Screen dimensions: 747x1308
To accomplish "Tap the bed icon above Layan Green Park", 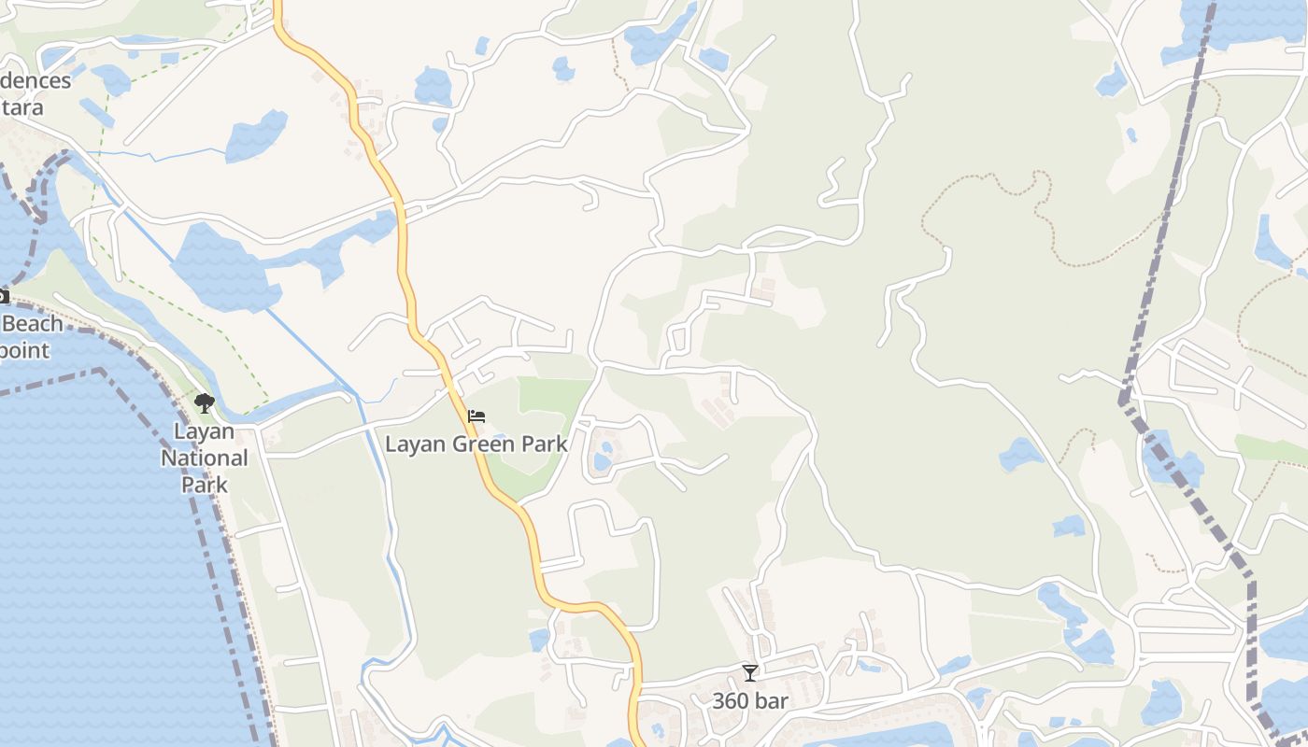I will tap(476, 416).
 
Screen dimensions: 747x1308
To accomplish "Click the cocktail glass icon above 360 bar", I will tap(749, 672).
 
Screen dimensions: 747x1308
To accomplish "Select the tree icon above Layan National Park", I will tap(204, 403).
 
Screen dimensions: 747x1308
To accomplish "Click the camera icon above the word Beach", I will tap(3, 297).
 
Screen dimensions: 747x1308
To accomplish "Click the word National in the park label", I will tap(204, 458).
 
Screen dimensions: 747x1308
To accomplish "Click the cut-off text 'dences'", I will tap(35, 81).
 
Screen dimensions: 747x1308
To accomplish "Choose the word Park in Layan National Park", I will tap(204, 485).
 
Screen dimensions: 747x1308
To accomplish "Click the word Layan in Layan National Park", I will tap(204, 432).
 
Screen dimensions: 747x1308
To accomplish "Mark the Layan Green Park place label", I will tap(476, 444).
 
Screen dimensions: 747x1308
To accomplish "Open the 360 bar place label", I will tap(750, 700).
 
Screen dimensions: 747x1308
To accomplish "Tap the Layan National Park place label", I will tap(204, 458).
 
